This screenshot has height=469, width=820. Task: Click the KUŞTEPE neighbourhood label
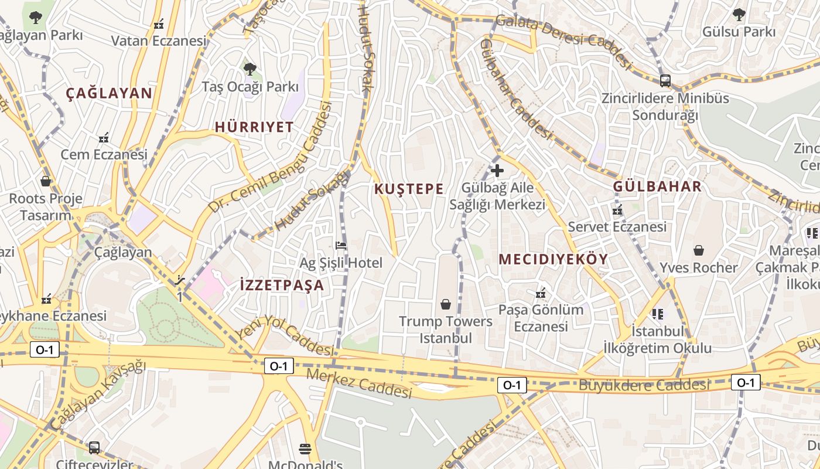(x=408, y=189)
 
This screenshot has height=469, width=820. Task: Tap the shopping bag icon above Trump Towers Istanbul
(x=446, y=304)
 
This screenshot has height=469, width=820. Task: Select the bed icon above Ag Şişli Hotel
(x=341, y=245)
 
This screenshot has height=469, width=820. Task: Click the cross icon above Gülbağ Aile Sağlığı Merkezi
(x=497, y=171)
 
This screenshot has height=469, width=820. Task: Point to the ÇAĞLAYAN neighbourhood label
(x=109, y=93)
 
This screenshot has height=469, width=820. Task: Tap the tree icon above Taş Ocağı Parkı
(x=250, y=69)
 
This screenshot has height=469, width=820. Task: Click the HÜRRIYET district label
(x=254, y=127)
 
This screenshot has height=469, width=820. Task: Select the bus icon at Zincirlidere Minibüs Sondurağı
(x=665, y=80)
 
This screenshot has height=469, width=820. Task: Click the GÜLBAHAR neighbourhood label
(x=657, y=186)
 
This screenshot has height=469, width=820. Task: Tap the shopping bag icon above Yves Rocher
(x=699, y=250)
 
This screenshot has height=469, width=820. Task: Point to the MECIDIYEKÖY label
(x=553, y=259)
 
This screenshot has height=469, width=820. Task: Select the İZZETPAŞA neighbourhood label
(x=282, y=286)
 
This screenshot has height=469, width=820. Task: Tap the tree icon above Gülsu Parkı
(x=739, y=14)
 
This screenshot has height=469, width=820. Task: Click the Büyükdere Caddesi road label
(x=644, y=385)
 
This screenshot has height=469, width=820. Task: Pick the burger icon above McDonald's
(x=305, y=449)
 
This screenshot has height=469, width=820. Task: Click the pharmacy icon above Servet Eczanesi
(x=617, y=210)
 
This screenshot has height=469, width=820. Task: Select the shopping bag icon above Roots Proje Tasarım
(x=46, y=181)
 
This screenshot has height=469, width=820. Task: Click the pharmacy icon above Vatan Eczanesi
(x=159, y=24)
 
